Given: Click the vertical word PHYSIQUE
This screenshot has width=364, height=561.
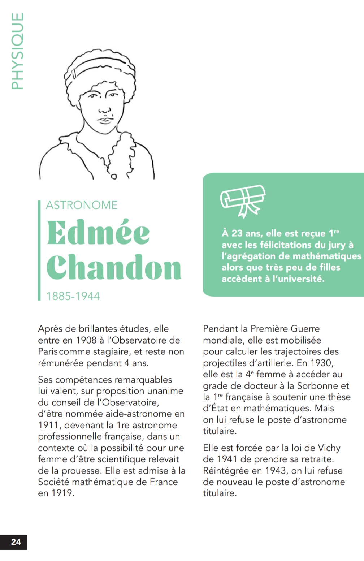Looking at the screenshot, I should [x=17, y=51].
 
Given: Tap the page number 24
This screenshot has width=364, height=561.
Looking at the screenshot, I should [x=16, y=541].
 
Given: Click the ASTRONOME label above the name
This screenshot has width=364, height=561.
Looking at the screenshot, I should [x=82, y=205].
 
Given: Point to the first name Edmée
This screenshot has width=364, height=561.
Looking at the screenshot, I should [x=98, y=233].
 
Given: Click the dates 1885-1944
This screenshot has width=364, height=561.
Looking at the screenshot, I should [x=73, y=296].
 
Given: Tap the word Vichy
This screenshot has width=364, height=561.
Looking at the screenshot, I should [x=329, y=448].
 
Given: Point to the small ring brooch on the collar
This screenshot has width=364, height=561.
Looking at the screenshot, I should [x=114, y=177].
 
